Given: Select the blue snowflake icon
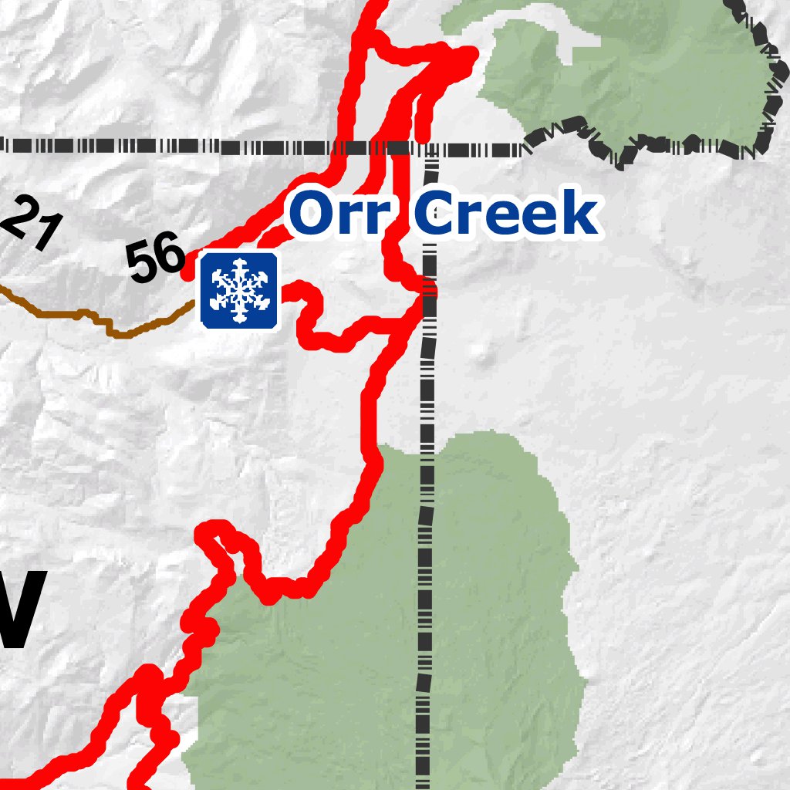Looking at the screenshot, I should click(239, 289).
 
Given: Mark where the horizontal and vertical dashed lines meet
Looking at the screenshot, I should click(430, 147).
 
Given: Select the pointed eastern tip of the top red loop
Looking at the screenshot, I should click(470, 54).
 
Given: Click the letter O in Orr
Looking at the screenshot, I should click(313, 214).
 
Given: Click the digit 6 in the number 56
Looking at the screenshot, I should click(170, 256).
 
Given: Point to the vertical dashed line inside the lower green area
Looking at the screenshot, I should click(424, 617).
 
